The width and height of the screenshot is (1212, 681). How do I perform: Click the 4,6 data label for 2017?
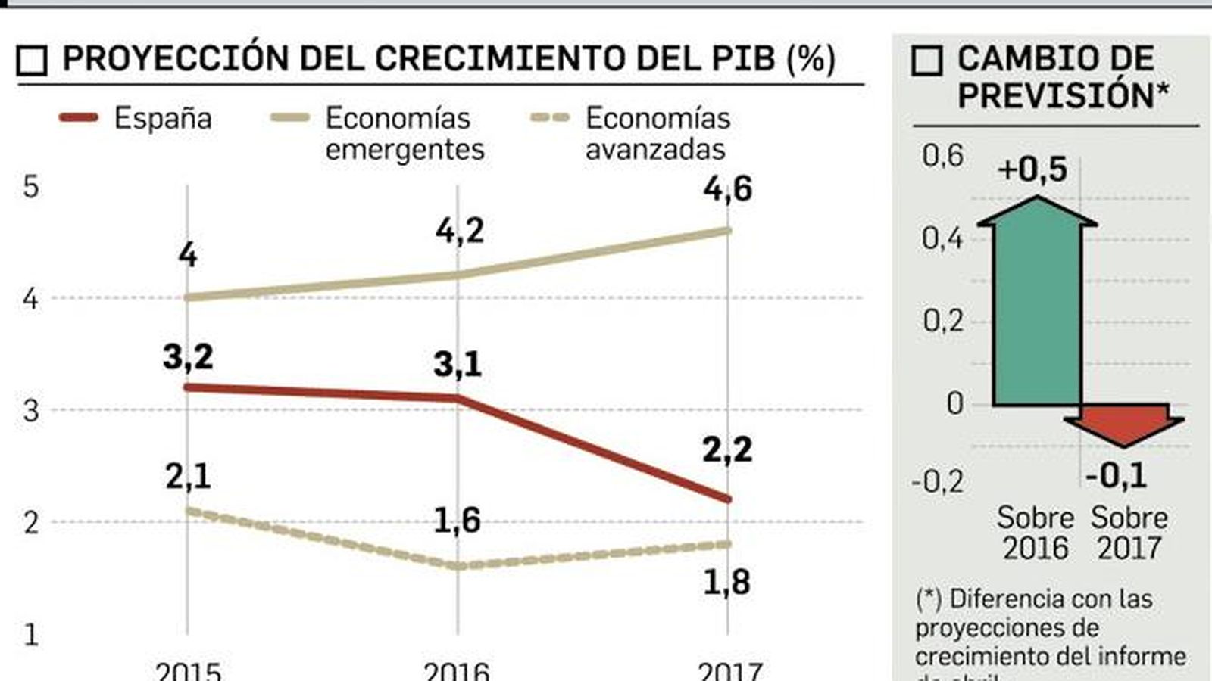pyautogui.click(x=727, y=189)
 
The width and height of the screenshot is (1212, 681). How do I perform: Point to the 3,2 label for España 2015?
pyautogui.click(x=188, y=356)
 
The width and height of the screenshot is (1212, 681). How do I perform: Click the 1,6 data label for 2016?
pyautogui.click(x=457, y=520)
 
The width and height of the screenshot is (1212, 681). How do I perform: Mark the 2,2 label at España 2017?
pyautogui.click(x=727, y=449)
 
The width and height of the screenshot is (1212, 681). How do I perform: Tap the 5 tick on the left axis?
pyautogui.click(x=30, y=186)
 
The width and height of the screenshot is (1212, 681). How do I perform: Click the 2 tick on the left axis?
pyautogui.click(x=30, y=522)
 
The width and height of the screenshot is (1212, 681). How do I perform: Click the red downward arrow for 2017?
pyautogui.click(x=1123, y=424)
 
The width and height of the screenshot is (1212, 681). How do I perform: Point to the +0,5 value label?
pyautogui.click(x=1032, y=169)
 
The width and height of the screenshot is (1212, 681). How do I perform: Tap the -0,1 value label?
pyautogui.click(x=1116, y=475)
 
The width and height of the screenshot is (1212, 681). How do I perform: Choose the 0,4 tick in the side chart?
pyautogui.click(x=942, y=238)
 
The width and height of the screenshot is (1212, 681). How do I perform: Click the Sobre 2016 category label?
pyautogui.click(x=1036, y=533)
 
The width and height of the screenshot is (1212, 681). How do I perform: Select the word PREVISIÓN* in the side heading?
pyautogui.click(x=1064, y=96)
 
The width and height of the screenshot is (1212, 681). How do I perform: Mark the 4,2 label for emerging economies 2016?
pyautogui.click(x=459, y=231)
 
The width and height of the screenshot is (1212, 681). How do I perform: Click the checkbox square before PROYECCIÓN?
pyautogui.click(x=32, y=61)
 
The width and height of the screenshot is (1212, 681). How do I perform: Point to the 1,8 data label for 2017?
pyautogui.click(x=726, y=582)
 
